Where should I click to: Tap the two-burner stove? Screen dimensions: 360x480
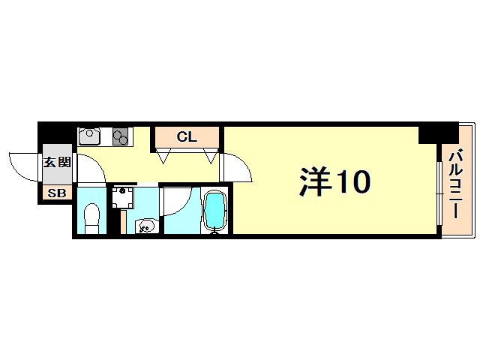121,136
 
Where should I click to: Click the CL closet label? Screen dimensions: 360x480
187,137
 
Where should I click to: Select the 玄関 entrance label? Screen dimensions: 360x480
56,162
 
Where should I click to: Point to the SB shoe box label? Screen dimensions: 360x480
56,193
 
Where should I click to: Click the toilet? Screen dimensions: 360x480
91,218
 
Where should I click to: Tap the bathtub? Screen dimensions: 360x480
215,211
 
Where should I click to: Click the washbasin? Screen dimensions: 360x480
145,225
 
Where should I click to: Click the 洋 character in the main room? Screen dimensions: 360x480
316,181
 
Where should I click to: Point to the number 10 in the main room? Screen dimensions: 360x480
352,181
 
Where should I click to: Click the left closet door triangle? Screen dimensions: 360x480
163,157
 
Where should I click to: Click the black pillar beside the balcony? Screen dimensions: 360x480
428,133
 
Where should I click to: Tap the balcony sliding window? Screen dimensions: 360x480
438,190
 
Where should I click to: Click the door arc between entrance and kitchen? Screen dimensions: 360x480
88,167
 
